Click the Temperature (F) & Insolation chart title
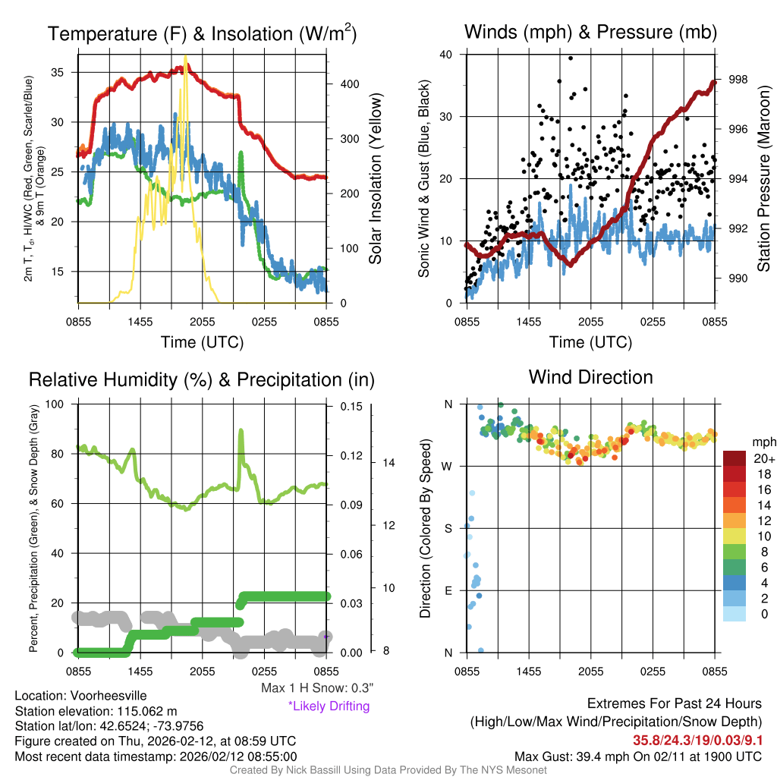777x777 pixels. (x=202, y=33)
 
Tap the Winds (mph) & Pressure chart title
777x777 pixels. (x=590, y=32)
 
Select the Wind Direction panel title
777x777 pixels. (x=590, y=377)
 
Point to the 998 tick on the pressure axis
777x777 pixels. (x=737, y=80)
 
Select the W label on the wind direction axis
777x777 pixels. (x=447, y=466)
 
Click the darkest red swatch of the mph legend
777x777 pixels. (x=735, y=458)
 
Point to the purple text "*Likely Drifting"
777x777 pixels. (x=329, y=706)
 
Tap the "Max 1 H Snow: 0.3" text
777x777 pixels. (x=316, y=688)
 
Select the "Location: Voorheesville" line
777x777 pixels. (x=80, y=696)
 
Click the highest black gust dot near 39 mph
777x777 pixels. (x=571, y=58)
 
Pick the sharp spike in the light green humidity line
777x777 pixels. (x=241, y=431)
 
